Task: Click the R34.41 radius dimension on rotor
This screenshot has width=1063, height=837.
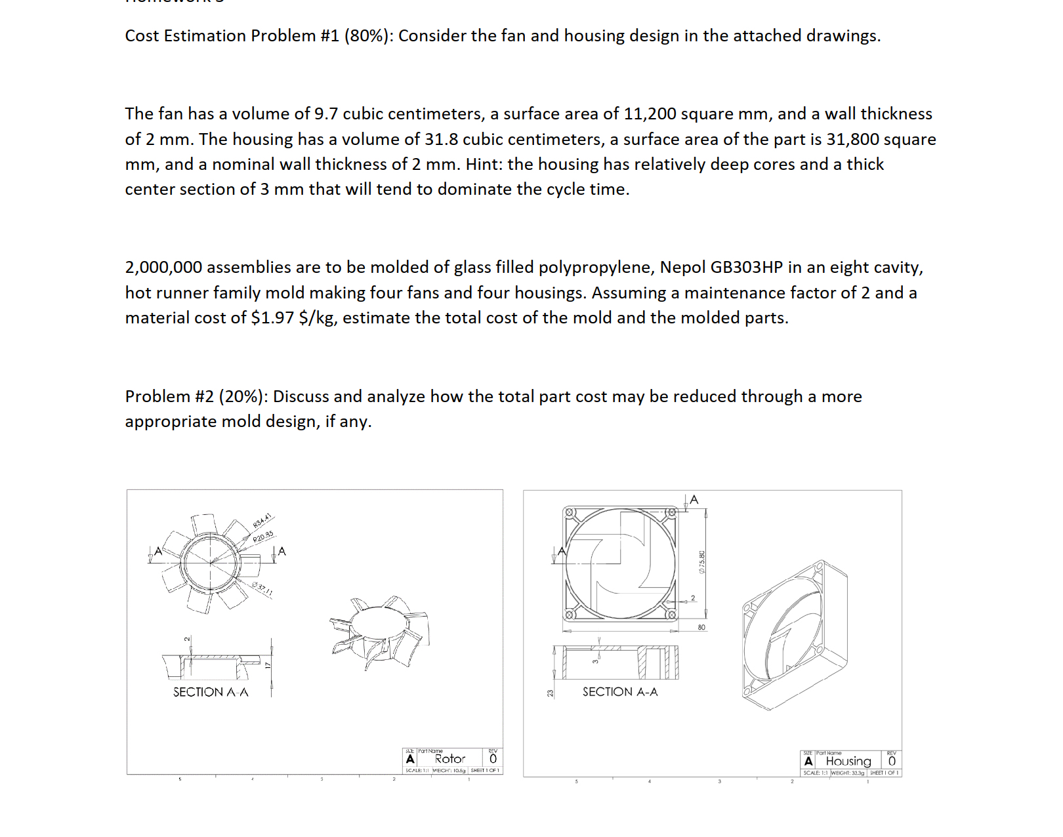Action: point(262,521)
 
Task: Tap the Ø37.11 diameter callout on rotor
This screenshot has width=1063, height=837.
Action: point(262,589)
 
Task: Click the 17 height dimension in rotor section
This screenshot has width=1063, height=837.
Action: point(268,664)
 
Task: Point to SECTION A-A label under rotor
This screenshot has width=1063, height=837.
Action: point(211,692)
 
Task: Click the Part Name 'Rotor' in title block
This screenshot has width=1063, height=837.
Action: point(450,759)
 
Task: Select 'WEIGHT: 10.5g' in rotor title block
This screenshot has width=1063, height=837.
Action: point(449,771)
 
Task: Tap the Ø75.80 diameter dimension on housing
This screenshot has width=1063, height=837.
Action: point(702,563)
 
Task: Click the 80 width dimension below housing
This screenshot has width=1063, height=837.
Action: point(701,628)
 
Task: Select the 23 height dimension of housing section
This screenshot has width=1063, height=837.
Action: point(551,693)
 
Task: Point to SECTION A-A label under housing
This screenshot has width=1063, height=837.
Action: point(620,692)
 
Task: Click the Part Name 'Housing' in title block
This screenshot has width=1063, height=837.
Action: point(848,762)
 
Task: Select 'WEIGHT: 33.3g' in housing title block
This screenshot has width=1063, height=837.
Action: point(848,773)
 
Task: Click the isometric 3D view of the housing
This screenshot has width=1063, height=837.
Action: point(795,635)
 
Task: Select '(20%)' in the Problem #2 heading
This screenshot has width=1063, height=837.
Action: point(243,397)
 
